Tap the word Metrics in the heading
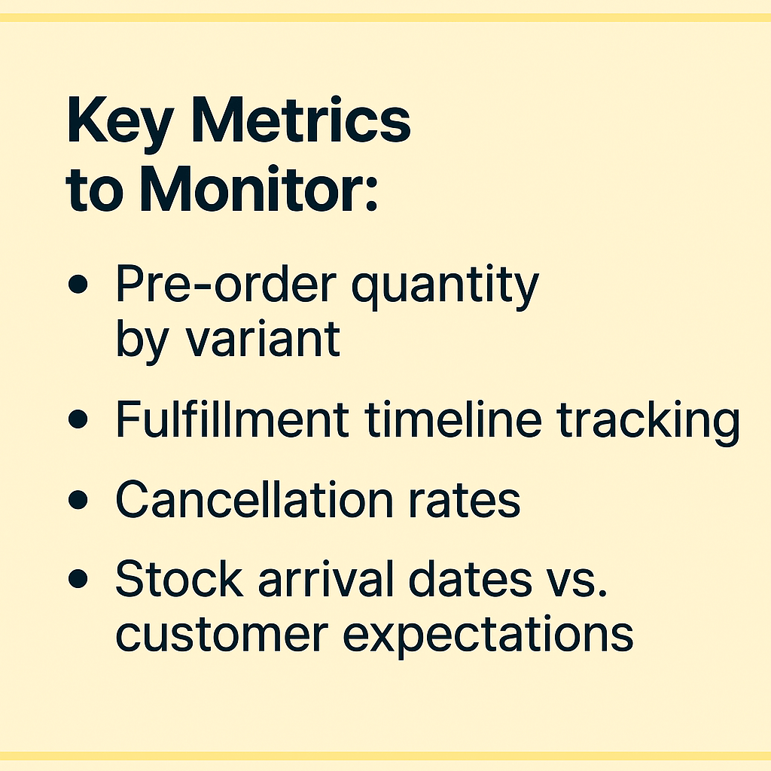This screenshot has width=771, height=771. [x=301, y=120]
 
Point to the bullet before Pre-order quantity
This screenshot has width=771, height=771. [x=78, y=284]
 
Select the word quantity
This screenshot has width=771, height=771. [x=446, y=288]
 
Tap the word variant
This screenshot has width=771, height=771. [x=263, y=340]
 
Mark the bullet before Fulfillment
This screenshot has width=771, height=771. [x=78, y=419]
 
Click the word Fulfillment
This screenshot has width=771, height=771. [x=232, y=419]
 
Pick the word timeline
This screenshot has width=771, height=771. [x=453, y=419]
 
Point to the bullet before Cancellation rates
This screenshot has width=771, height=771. [x=78, y=500]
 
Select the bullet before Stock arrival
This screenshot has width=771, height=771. [x=78, y=578]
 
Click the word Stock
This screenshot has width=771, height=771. [x=179, y=578]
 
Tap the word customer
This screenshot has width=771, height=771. [x=222, y=635]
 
